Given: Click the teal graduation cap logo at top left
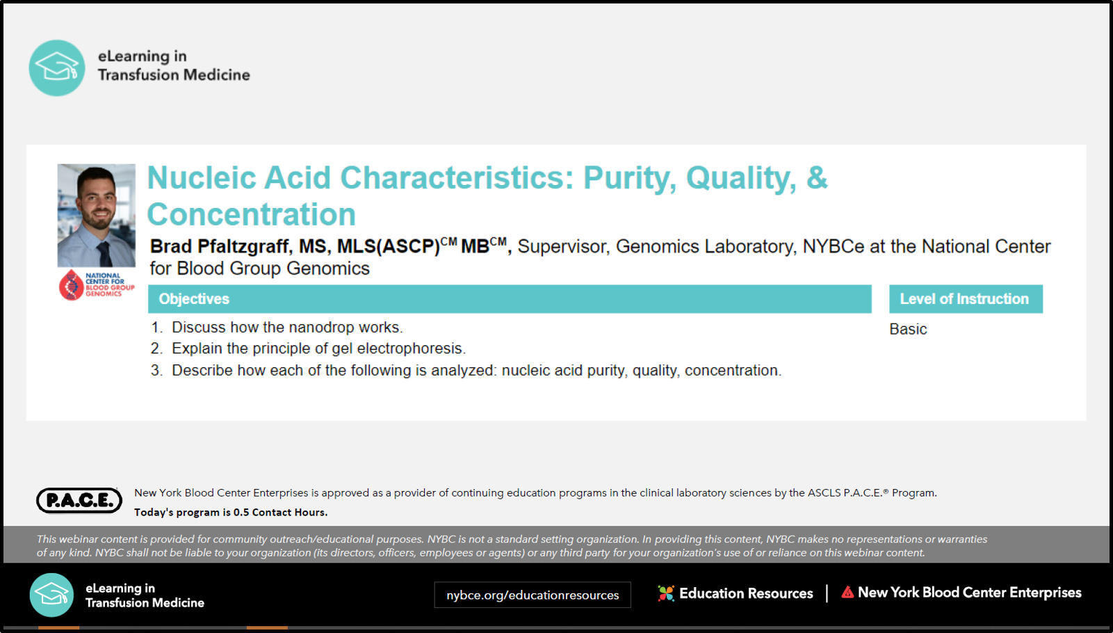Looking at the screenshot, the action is tap(56, 67).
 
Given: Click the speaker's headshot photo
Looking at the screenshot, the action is tap(97, 216).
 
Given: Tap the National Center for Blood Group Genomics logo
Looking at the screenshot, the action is tap(97, 285).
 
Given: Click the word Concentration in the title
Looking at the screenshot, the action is tap(251, 214).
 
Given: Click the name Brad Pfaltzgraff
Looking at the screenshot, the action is tap(220, 246).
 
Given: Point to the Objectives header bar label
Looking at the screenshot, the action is tap(194, 299).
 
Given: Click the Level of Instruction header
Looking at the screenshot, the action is tap(964, 299).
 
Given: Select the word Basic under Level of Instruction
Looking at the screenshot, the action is tap(908, 329).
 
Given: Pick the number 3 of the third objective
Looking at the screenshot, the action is tap(156, 371).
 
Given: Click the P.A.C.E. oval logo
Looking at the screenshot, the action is tap(79, 500).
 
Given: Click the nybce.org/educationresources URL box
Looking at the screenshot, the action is tap(533, 595).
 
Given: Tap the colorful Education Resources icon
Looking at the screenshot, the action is tap(666, 593).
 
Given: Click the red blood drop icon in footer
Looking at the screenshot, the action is tap(847, 592).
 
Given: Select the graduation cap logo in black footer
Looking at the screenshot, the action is tap(51, 595).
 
